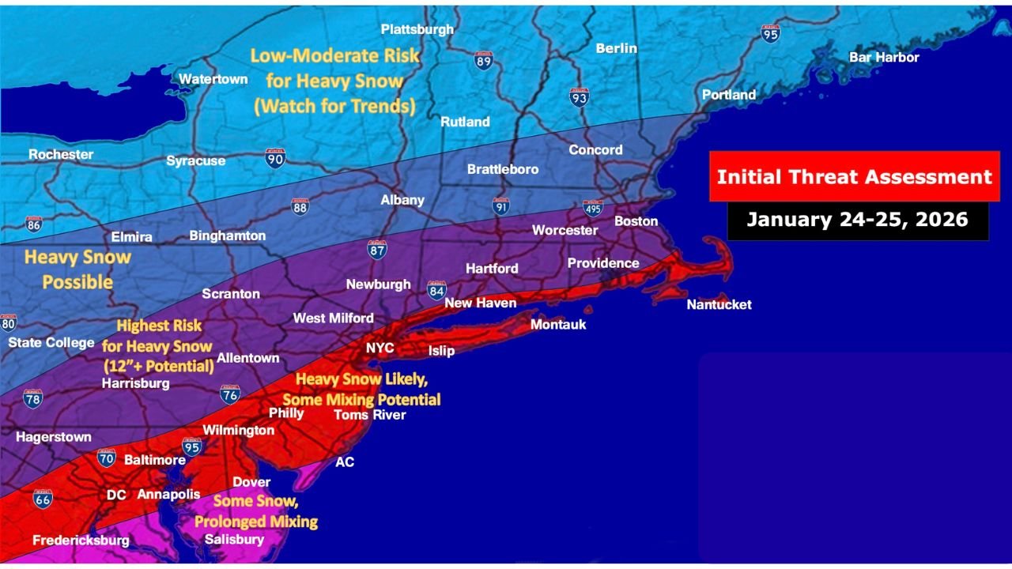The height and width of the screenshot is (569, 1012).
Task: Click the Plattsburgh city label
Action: [x=417, y=29]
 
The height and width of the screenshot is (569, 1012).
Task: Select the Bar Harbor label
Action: [x=884, y=57]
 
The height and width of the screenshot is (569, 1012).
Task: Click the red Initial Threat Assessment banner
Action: [x=854, y=176]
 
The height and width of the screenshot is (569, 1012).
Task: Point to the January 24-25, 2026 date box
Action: [x=857, y=219]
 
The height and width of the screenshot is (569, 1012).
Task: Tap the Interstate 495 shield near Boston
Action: [x=593, y=209]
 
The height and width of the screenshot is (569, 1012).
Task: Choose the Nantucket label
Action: [x=719, y=304]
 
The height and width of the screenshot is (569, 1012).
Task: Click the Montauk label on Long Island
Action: [x=558, y=324]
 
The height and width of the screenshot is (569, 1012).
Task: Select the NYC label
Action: [x=379, y=348]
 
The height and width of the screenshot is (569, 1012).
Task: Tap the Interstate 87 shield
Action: [x=377, y=250]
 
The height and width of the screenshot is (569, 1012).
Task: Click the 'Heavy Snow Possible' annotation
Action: [x=77, y=269]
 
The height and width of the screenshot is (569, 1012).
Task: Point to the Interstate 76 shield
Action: [x=230, y=394]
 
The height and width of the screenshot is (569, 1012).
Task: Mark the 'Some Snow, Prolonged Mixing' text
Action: [x=256, y=511]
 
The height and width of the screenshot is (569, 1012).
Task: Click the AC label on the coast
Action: [x=345, y=462]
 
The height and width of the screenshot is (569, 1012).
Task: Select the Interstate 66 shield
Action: [x=43, y=499]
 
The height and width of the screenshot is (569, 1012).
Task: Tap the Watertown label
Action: [x=213, y=79]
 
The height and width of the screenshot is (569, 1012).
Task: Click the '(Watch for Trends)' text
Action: [x=334, y=105]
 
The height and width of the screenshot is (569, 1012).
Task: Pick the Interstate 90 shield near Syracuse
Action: [x=275, y=157]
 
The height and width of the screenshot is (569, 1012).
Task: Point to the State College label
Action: [x=51, y=343]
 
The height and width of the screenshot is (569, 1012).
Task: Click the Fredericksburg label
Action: [x=81, y=541]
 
